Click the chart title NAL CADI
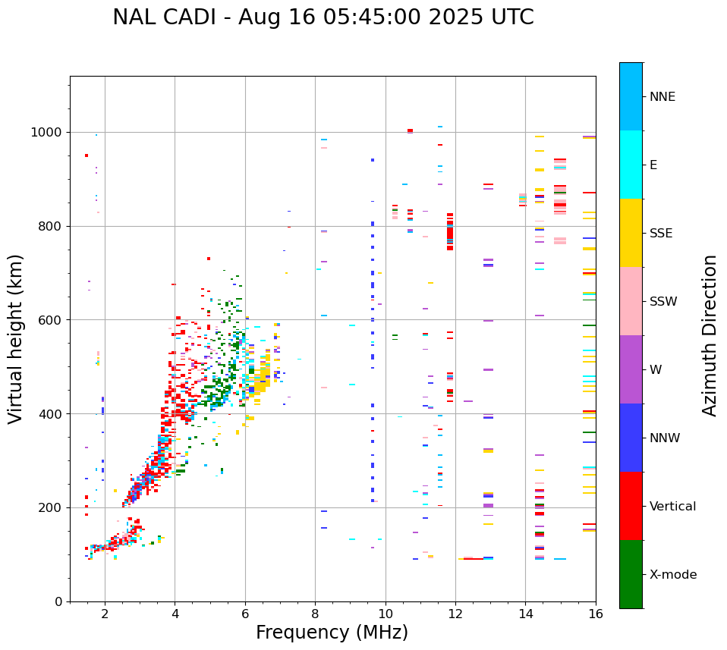tap(323, 17)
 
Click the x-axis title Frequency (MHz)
tap(332, 633)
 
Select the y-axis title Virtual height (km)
tap(16, 339)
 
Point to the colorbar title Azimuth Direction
tap(710, 335)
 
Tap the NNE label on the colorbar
tap(662, 97)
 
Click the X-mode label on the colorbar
tap(672, 575)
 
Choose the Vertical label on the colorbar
tap(673, 507)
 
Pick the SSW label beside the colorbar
tap(663, 302)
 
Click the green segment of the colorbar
tap(631, 574)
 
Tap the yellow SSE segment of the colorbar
tap(631, 233)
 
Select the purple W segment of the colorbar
tap(631, 369)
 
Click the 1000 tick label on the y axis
tap(46, 133)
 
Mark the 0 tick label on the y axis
tap(58, 601)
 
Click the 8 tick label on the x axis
tap(315, 614)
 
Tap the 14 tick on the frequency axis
tap(526, 614)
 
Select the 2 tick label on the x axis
tap(105, 614)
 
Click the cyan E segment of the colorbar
tap(631, 165)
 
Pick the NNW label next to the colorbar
tap(665, 438)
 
